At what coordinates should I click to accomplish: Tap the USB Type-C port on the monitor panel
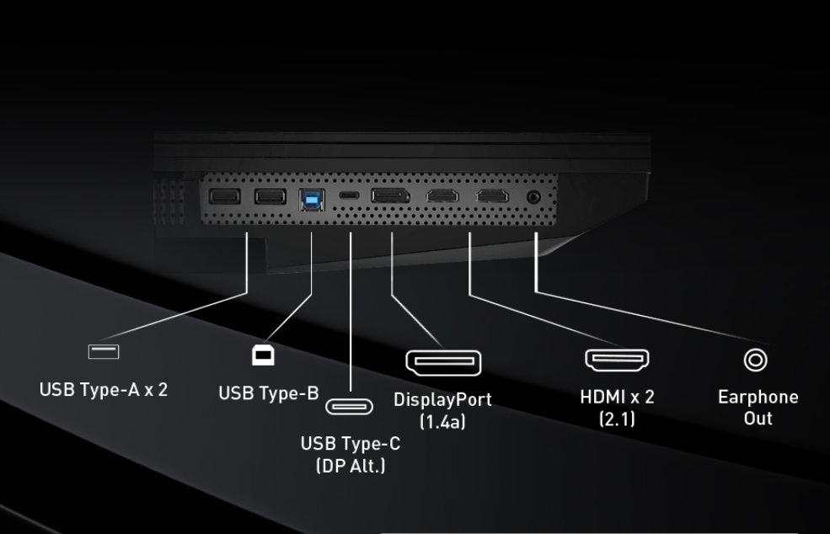(350, 196)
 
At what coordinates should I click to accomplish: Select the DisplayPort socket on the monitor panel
(391, 197)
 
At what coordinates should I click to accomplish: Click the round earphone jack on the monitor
(533, 197)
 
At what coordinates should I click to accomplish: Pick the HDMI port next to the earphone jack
(492, 197)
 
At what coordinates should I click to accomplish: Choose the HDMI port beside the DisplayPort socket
(442, 197)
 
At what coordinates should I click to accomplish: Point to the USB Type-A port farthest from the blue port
(225, 197)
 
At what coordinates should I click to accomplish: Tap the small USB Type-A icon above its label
(104, 351)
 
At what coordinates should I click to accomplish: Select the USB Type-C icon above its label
(349, 408)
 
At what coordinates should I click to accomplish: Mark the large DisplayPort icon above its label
(443, 363)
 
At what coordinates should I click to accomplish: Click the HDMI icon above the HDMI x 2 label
(617, 360)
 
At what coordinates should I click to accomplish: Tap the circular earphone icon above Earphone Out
(755, 360)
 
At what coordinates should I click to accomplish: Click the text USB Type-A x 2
(104, 390)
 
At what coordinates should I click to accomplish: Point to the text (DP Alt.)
(351, 465)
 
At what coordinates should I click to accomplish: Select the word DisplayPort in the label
(442, 399)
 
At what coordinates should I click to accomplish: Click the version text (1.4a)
(442, 421)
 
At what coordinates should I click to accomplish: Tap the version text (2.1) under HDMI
(617, 419)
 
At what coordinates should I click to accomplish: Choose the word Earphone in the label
(758, 397)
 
